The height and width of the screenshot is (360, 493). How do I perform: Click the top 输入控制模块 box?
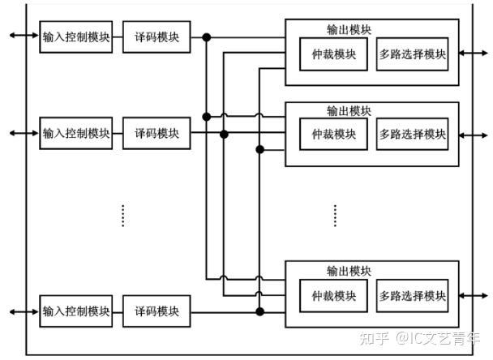point(76,37)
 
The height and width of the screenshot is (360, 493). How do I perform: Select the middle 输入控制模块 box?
point(76,133)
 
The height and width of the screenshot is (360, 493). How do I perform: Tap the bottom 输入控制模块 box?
point(76,311)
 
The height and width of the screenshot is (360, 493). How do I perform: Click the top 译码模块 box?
point(156,37)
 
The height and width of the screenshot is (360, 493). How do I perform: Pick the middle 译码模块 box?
point(156,133)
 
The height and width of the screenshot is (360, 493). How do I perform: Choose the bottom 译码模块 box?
point(156,311)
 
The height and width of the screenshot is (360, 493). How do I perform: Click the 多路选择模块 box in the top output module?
point(412,55)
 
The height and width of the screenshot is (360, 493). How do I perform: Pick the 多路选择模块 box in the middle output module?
point(412,134)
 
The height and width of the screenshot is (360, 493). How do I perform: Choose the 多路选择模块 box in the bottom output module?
point(412,295)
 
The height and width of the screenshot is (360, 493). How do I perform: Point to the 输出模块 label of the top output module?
point(349,30)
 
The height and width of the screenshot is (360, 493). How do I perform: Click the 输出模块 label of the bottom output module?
point(349,271)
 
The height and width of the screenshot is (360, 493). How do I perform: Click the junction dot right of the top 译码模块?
point(207,37)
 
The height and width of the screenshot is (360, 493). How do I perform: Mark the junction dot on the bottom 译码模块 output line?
point(259,311)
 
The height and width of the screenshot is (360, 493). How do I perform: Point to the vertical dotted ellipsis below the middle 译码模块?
point(122,216)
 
